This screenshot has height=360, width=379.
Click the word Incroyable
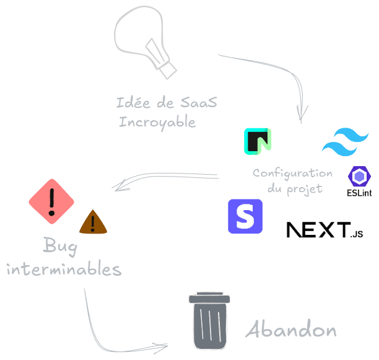pos(157,121)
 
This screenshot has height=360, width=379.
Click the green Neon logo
pos(256,141)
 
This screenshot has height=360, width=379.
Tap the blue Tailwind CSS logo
pos(345,142)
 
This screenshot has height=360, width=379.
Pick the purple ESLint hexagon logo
pos(359,177)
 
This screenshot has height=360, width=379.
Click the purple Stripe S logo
pos(245,217)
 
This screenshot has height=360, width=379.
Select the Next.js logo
pos(325,230)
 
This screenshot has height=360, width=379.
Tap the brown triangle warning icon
pos(93,222)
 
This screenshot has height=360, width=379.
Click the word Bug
pos(60,247)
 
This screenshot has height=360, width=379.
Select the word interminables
pos(64,270)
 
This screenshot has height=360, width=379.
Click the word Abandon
pos(291,330)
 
